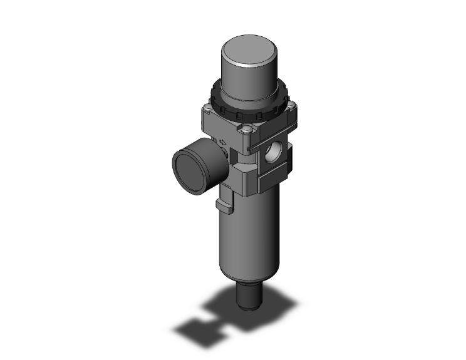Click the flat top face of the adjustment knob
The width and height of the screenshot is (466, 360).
click(250, 50)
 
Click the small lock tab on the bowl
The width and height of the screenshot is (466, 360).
click(222, 203)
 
